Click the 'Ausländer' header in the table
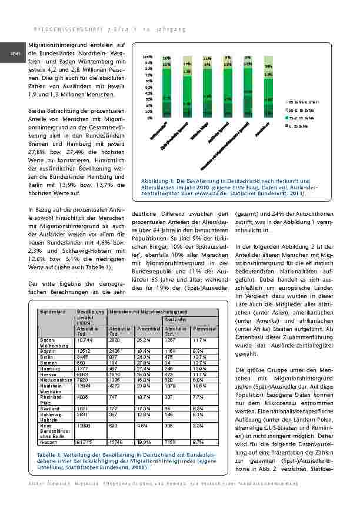(174, 320)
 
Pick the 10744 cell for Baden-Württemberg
(86, 340)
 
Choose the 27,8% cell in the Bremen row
(145, 363)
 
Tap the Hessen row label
(48, 375)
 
